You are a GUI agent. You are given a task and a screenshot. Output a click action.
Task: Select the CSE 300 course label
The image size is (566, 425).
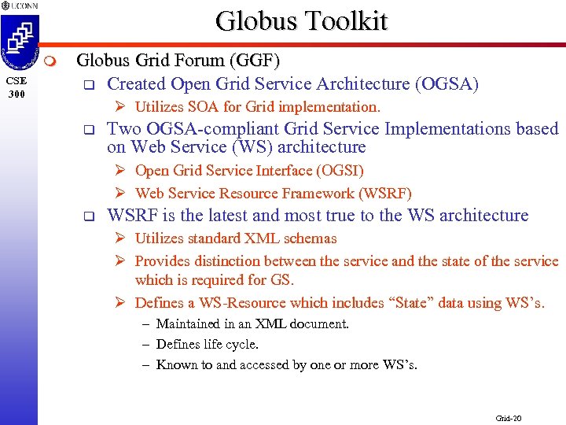tap(17, 87)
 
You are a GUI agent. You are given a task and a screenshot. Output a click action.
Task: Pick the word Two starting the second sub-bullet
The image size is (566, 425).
tap(122, 128)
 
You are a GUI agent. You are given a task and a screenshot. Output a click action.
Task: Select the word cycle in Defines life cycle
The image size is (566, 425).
tap(243, 344)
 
